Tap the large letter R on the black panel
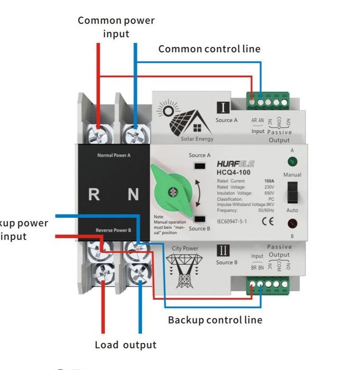click(x=94, y=194)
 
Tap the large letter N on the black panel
click(x=133, y=194)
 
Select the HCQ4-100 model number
click(x=234, y=172)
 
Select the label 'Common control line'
click(x=209, y=49)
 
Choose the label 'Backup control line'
click(x=215, y=320)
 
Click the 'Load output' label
click(x=125, y=345)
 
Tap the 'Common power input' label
click(x=116, y=27)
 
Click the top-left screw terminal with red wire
click(x=98, y=134)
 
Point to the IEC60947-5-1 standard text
click(x=235, y=221)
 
